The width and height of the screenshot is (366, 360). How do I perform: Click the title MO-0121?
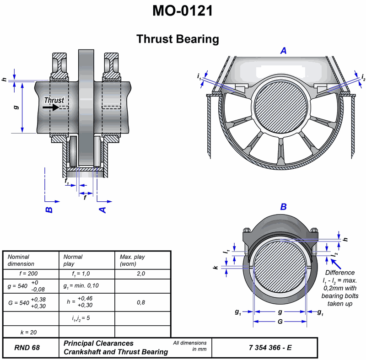point(183,11)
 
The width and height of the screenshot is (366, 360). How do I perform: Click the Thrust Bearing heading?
point(178,39)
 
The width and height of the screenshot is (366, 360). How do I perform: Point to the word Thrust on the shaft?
point(54,100)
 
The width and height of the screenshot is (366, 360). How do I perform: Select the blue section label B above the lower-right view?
point(283,207)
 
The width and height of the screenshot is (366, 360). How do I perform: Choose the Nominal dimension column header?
point(21,260)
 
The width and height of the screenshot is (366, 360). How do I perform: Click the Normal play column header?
point(73,260)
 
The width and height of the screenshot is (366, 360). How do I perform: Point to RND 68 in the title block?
point(27,348)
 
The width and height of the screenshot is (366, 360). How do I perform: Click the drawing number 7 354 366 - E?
point(270,348)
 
